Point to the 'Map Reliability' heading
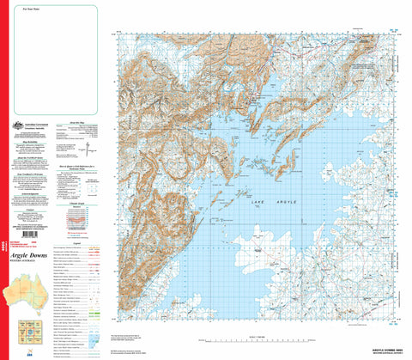tap(31, 143)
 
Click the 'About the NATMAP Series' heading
tap(31, 160)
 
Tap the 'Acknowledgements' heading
tap(31, 192)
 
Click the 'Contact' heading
tap(31, 209)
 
